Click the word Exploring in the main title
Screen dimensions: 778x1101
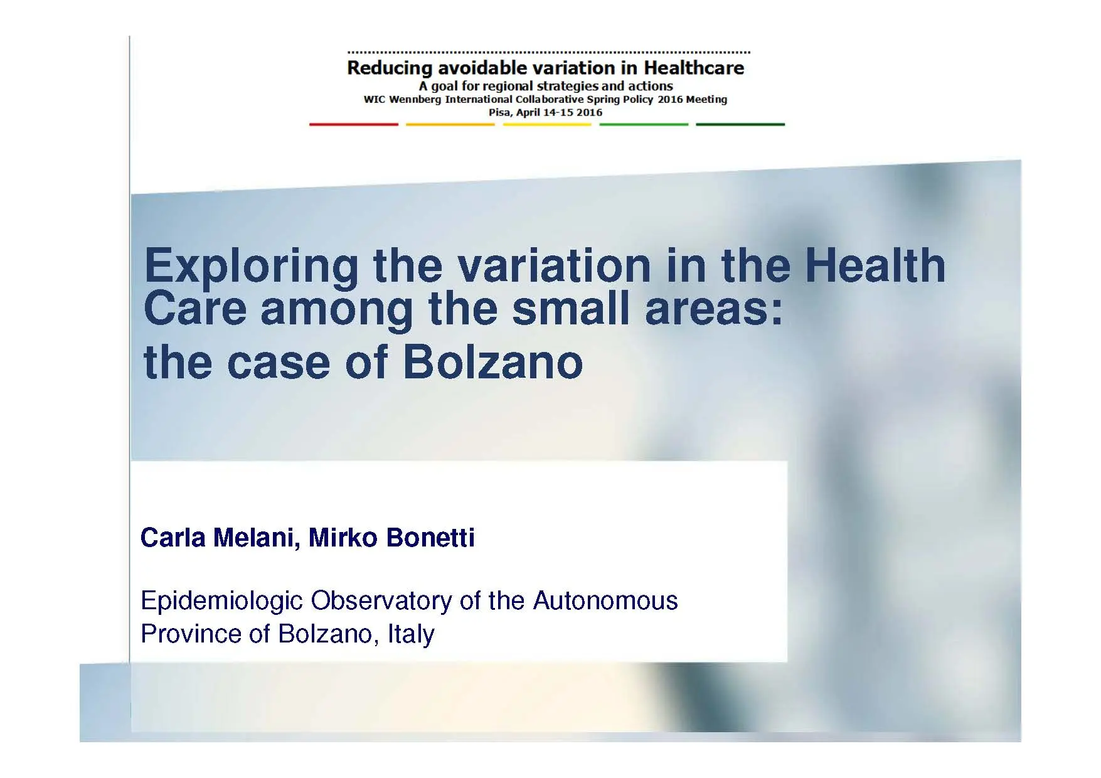[251, 267]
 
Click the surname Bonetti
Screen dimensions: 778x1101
[430, 538]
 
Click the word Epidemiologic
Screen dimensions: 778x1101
[221, 601]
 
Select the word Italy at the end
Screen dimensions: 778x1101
[411, 634]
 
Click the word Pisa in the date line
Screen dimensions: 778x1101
[499, 112]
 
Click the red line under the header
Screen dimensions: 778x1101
[353, 124]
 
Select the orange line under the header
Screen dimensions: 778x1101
[450, 124]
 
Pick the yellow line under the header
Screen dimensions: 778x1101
[546, 124]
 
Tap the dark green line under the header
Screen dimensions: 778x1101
[740, 124]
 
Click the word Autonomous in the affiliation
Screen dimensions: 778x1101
[605, 601]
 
